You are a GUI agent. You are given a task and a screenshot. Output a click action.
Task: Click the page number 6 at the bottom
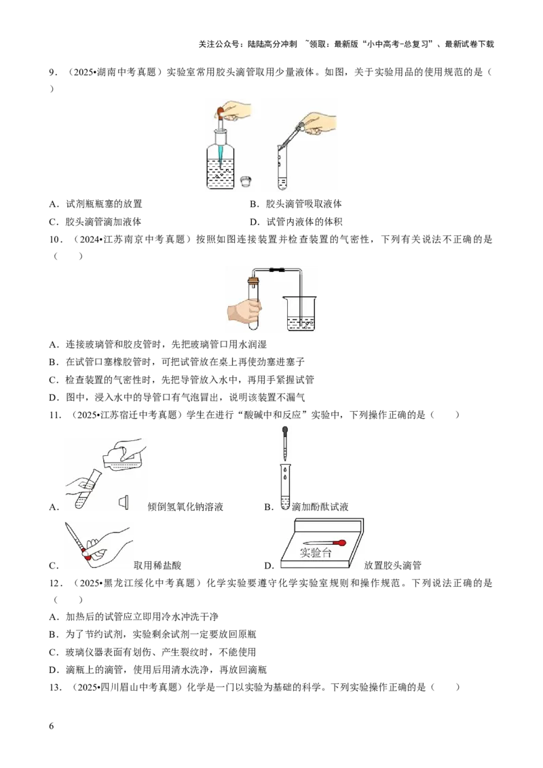pyautogui.click(x=52, y=726)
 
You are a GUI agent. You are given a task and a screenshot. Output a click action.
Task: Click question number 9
pyautogui.click(x=54, y=73)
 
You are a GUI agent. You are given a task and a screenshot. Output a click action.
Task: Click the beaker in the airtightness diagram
pyautogui.click(x=301, y=313)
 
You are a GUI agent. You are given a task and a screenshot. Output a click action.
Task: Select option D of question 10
pyautogui.click(x=177, y=397)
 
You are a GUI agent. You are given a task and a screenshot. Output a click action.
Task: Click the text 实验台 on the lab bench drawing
pyautogui.click(x=316, y=552)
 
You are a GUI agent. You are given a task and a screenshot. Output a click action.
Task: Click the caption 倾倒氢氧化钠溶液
pyautogui.click(x=185, y=507)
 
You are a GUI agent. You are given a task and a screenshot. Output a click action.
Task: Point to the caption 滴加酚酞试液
pyautogui.click(x=320, y=507)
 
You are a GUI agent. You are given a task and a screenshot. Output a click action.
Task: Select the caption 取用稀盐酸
pyautogui.click(x=157, y=565)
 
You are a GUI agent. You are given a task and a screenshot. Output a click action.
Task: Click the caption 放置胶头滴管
pyautogui.click(x=392, y=565)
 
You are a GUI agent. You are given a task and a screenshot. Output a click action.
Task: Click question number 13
pyautogui.click(x=55, y=687)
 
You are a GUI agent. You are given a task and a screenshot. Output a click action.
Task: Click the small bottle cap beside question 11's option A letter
pyautogui.click(x=124, y=502)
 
